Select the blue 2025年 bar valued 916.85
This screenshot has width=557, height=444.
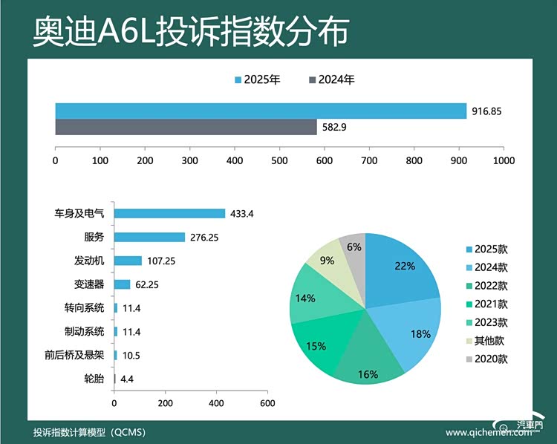point(260,111)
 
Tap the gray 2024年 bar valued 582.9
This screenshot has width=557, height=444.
point(186,127)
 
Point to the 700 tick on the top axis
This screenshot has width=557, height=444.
point(370,160)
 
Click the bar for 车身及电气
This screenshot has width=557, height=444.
point(169,213)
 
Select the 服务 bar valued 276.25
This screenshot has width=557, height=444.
point(149,237)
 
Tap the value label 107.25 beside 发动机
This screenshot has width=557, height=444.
point(160,261)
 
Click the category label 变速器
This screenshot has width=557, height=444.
point(89,284)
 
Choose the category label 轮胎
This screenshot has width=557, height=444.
point(94,379)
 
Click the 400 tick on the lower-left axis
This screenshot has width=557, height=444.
point(216,402)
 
